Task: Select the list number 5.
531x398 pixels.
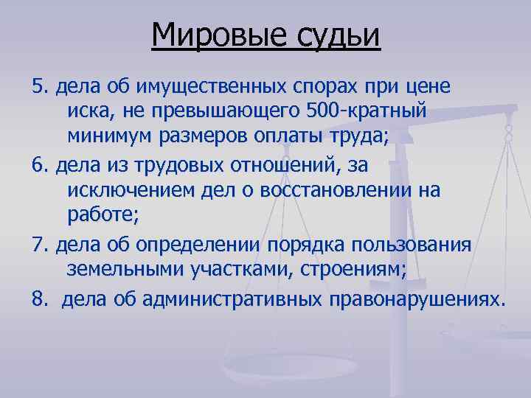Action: (x=39, y=87)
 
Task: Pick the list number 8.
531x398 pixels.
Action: (x=39, y=300)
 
